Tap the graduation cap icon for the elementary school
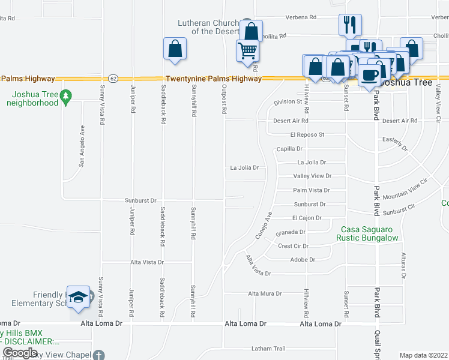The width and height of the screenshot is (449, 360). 78,297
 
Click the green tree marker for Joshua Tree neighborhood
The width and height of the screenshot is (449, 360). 67,94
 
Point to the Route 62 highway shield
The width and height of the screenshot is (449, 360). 113,79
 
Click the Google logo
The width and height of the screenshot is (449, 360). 20,353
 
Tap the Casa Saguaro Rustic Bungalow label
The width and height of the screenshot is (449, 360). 370,234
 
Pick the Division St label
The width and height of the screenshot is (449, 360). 287,102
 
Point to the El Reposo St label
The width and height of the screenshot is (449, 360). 307,134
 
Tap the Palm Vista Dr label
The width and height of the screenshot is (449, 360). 311,190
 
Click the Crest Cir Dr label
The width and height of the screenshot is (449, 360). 293,246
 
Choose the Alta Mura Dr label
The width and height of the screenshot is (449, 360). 265,293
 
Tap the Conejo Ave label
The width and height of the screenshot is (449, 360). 264,225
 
